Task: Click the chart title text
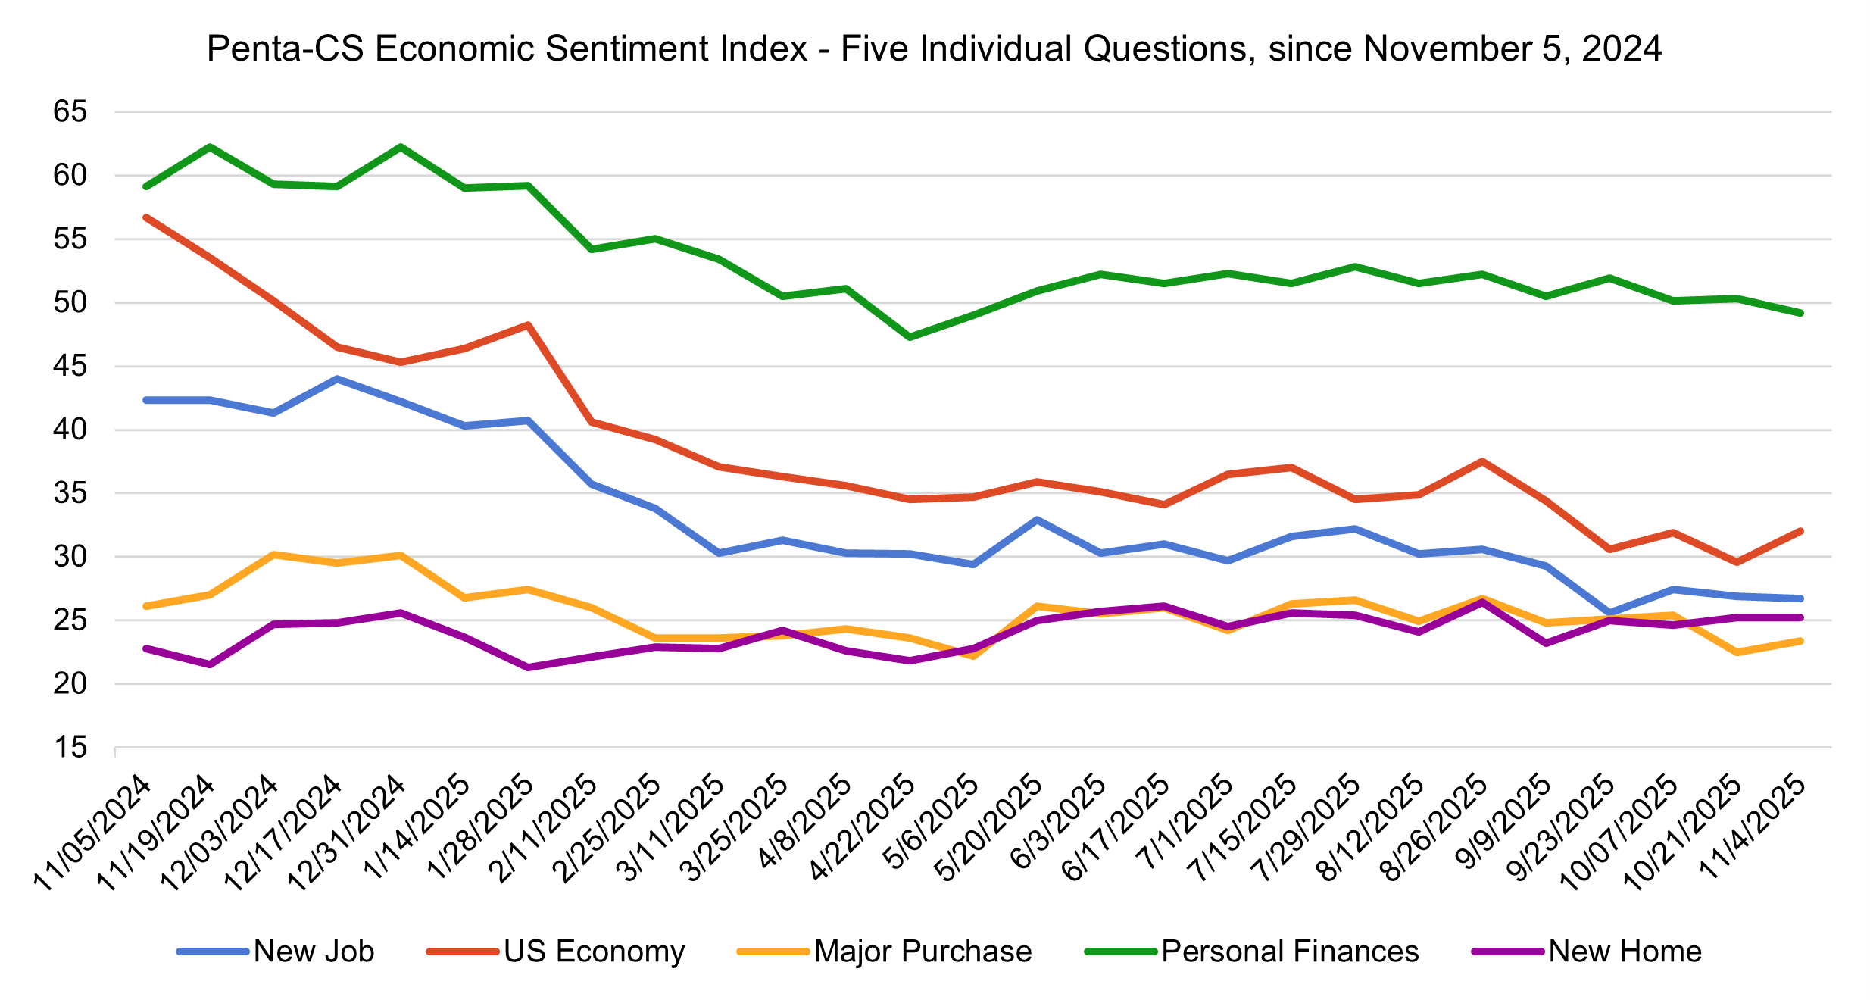point(934,48)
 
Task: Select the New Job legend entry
point(314,952)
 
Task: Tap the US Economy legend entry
point(594,952)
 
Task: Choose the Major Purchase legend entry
point(923,952)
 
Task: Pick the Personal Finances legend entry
point(1289,952)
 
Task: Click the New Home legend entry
point(1625,952)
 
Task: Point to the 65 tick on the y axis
point(70,112)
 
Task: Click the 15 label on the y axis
point(70,748)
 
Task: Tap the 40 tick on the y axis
point(70,430)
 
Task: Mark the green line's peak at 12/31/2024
point(401,147)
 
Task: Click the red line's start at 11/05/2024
point(146,217)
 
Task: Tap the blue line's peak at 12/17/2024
point(337,379)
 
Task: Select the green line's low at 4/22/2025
point(910,337)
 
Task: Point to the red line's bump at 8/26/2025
point(1481,461)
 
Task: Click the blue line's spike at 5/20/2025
point(1037,520)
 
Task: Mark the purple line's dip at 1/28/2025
point(528,667)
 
